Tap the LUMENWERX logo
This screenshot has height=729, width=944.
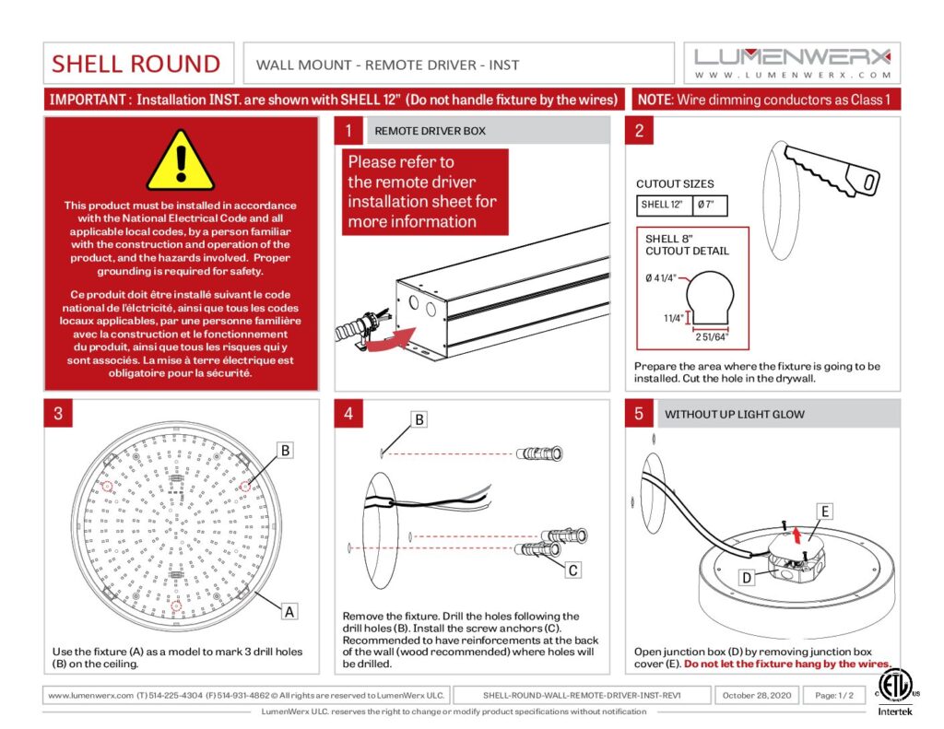[792, 56]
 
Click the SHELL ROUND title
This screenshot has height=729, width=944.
[136, 64]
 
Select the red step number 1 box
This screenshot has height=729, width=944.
[348, 131]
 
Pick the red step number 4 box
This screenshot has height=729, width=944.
[348, 415]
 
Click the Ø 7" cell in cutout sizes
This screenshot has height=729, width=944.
[706, 205]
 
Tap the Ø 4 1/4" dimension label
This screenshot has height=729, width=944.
[663, 277]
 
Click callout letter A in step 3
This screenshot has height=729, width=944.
[289, 610]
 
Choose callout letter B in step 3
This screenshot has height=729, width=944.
[286, 451]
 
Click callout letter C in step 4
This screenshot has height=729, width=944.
[572, 570]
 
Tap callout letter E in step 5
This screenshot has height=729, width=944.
[825, 511]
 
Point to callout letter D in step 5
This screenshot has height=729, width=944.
[748, 578]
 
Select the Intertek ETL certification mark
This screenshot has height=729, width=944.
[892, 693]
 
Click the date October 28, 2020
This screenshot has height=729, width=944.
[756, 695]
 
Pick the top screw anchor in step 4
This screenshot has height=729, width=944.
[540, 453]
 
